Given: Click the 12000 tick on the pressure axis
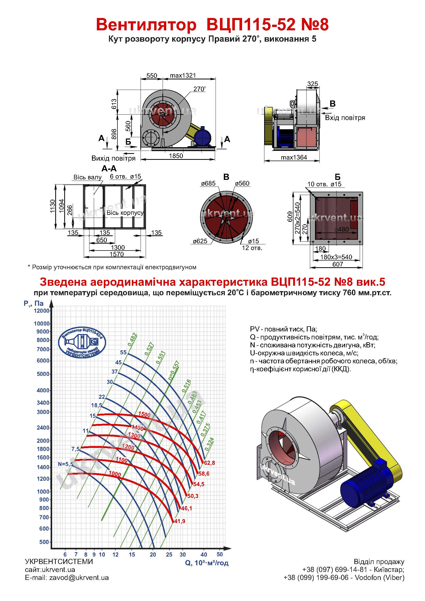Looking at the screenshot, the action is click(x=42, y=311).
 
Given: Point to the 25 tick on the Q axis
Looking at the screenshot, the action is click(x=169, y=554).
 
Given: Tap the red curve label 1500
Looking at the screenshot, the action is click(x=144, y=415).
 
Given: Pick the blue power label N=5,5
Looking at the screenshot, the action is click(x=66, y=464).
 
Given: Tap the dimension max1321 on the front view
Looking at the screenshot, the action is click(x=183, y=75).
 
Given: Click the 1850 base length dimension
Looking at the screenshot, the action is click(x=176, y=156).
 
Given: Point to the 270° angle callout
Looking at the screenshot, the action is click(x=200, y=89).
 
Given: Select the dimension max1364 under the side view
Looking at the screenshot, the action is click(x=294, y=157).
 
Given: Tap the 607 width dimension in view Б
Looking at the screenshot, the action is click(x=338, y=264).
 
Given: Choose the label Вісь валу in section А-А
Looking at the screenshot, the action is click(x=87, y=177).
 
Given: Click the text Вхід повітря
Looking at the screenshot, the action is click(x=345, y=118).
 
